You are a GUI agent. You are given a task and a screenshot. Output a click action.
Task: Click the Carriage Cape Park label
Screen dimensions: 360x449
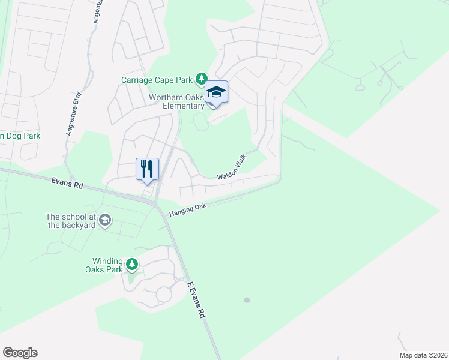[157, 79]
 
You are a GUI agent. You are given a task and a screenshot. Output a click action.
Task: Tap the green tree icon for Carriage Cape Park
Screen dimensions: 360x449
[202, 79]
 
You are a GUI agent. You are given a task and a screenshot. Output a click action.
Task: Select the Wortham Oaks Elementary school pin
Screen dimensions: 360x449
[216, 93]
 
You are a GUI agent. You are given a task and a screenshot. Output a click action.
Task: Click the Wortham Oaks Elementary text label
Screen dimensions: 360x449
[177, 101]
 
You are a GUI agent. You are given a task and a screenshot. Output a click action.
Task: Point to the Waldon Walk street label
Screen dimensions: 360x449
[232, 167]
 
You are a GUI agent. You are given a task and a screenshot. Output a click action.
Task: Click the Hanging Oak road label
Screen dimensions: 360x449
[187, 209]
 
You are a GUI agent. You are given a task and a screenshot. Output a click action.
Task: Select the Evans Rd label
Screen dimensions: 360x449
[67, 182]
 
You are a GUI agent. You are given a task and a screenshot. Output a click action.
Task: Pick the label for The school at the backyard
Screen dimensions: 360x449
[70, 221]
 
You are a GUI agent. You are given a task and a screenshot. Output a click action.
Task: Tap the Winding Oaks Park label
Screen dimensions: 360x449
[107, 265]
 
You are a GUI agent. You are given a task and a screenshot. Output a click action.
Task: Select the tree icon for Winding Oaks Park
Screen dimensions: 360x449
[132, 264]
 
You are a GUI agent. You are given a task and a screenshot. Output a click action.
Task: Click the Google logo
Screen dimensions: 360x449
[20, 353]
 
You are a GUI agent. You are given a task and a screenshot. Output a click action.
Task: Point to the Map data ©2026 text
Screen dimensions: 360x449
[423, 355]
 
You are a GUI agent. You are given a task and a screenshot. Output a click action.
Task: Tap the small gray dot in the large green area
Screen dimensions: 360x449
[247, 300]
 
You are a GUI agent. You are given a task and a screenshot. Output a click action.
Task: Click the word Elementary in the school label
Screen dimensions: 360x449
[186, 106]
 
